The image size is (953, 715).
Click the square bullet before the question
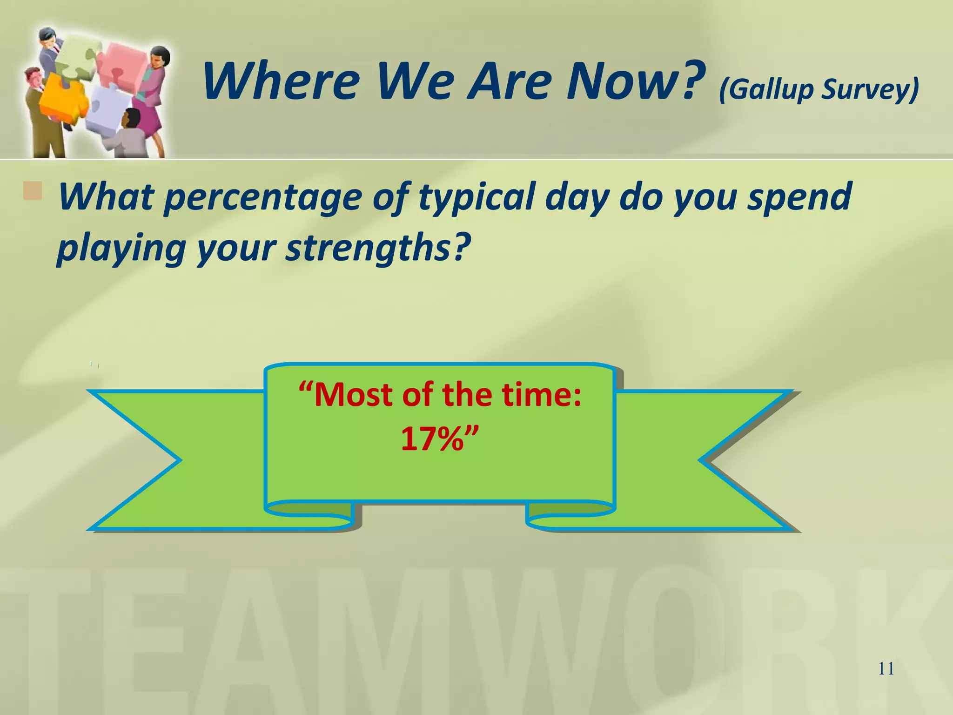[32, 191]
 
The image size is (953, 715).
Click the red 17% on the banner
[433, 438]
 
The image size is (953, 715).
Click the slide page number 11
[886, 669]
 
